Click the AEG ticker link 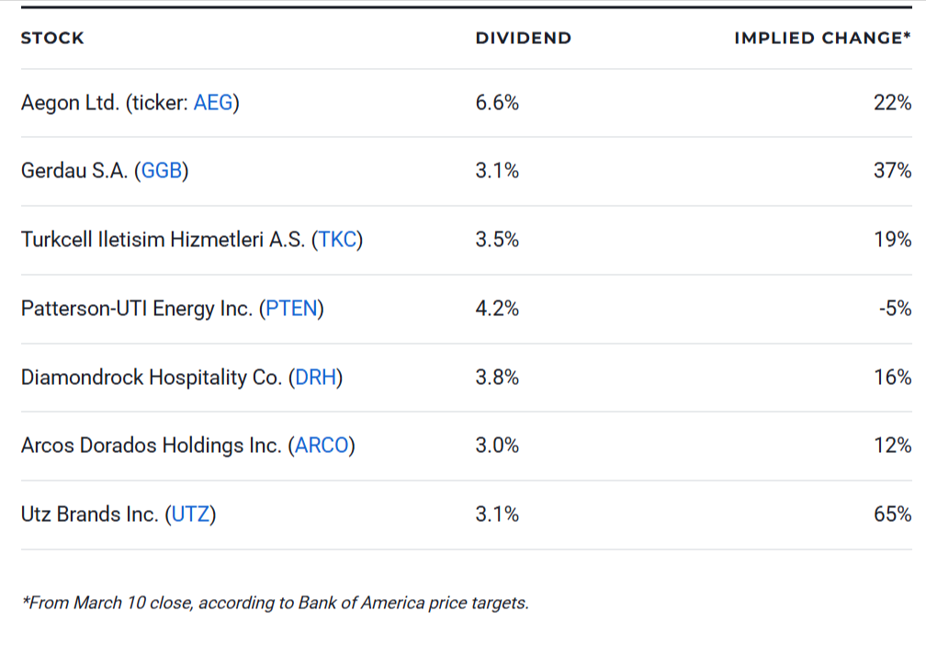click(213, 103)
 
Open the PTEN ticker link click(291, 309)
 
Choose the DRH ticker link click(315, 378)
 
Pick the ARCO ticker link click(322, 446)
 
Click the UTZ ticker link click(190, 515)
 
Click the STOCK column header click(52, 38)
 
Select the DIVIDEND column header click(523, 38)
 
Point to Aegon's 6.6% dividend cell click(497, 103)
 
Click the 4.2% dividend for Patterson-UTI click(497, 309)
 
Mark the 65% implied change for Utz click(892, 515)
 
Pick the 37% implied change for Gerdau click(892, 171)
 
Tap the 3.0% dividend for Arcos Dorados click(497, 446)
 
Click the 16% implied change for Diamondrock click(892, 378)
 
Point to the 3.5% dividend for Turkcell click(497, 240)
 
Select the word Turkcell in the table click(55, 240)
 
